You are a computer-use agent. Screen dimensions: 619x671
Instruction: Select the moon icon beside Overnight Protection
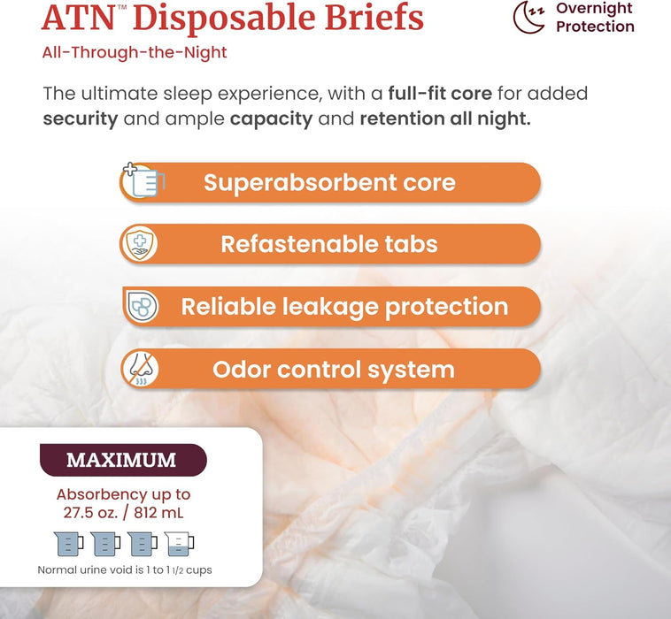(x=528, y=16)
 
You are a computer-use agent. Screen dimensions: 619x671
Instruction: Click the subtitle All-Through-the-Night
(x=134, y=53)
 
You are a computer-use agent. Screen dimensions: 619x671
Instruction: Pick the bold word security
(x=81, y=119)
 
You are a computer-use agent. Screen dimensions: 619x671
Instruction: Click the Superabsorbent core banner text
(x=329, y=183)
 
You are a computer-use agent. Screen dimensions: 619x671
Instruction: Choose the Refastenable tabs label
(x=329, y=244)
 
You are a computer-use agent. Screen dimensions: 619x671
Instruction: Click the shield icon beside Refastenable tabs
(x=139, y=244)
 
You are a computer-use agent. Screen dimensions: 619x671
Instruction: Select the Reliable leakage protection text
(x=344, y=307)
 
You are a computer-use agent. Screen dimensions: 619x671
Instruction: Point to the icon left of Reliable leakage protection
(x=141, y=306)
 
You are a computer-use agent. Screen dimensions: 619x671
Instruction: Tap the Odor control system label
(x=334, y=369)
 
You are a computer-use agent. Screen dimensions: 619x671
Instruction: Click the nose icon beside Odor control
(x=139, y=369)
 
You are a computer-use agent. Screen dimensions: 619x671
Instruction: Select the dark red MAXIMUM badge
(x=122, y=460)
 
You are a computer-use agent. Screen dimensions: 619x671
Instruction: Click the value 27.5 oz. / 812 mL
(x=123, y=512)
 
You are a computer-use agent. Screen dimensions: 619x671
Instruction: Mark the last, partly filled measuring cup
(x=179, y=543)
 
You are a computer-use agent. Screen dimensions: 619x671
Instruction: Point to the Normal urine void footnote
(x=125, y=570)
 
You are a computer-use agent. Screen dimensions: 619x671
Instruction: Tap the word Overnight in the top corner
(x=594, y=9)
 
